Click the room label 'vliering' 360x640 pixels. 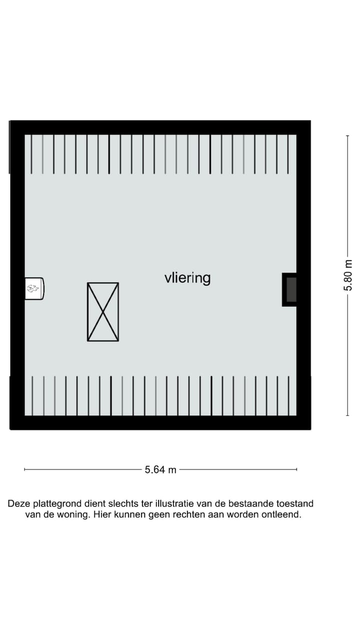click(x=187, y=277)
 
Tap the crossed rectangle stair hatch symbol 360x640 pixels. click(x=103, y=312)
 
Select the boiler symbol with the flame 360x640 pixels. click(x=34, y=288)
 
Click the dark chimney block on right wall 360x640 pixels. click(x=290, y=289)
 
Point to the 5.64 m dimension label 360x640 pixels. click(x=160, y=470)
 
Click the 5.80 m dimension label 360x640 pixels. click(x=348, y=275)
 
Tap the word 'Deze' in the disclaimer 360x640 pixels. click(x=19, y=504)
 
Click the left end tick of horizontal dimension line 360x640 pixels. click(x=25, y=469)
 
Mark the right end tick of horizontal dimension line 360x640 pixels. click(x=297, y=469)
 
